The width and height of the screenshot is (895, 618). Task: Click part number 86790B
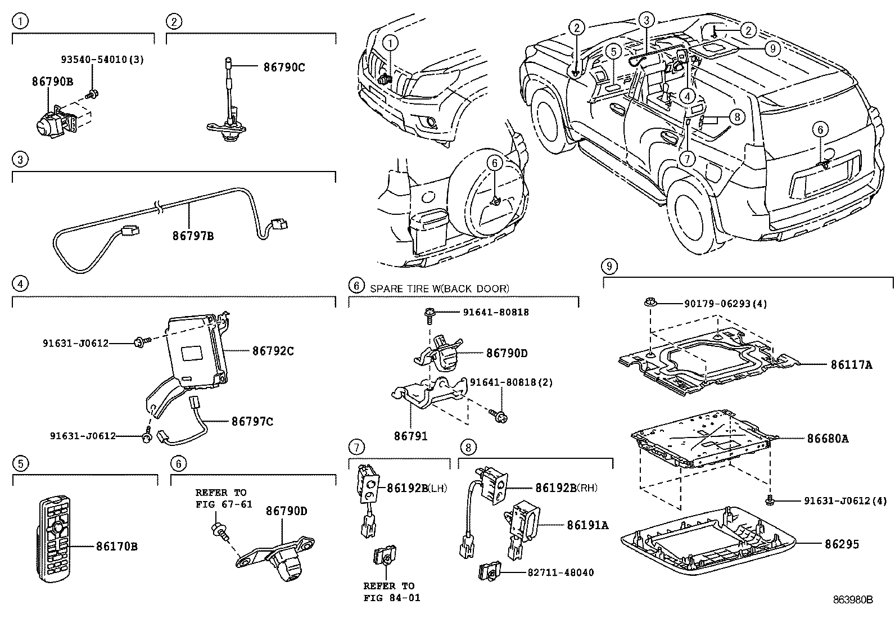click(x=52, y=81)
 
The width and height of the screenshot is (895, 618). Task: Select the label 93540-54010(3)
click(x=102, y=59)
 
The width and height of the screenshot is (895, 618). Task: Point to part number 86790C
click(x=284, y=67)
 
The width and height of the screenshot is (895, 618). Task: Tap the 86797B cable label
click(x=193, y=236)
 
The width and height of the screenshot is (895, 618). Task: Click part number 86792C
click(x=273, y=351)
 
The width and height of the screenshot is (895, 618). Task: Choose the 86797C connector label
click(x=252, y=421)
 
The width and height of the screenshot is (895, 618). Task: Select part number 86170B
click(x=117, y=545)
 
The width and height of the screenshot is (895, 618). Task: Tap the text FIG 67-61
click(x=224, y=504)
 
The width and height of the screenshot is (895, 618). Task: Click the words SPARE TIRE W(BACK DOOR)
click(x=439, y=288)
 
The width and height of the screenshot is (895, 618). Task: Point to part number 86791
click(x=410, y=435)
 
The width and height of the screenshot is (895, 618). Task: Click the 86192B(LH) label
click(x=417, y=488)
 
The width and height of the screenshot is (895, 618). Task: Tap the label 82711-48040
click(x=560, y=572)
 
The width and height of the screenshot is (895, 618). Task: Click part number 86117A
click(x=851, y=364)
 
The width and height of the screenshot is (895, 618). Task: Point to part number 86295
click(x=842, y=544)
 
